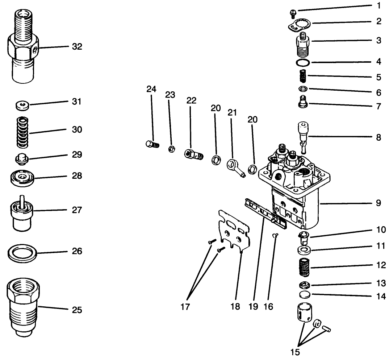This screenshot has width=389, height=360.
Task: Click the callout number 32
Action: coord(76,47)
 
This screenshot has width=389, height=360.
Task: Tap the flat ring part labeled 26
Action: coord(23,253)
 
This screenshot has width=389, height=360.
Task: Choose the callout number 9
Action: coord(378,203)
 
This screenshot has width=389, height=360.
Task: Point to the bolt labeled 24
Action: coord(152,145)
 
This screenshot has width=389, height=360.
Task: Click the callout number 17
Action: coord(185,307)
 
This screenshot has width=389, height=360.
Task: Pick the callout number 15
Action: coord(295,352)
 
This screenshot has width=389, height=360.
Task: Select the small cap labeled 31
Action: coord(23,106)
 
